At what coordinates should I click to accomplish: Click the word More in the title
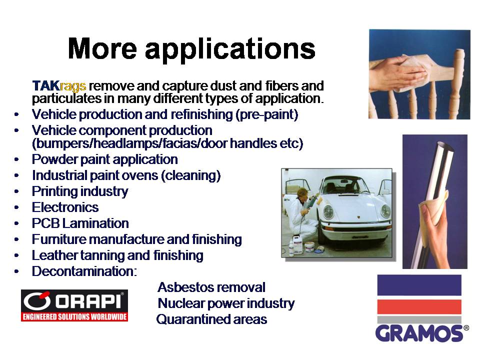coord(102,48)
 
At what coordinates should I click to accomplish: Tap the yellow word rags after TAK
coord(73,86)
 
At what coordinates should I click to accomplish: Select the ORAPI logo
coord(74,305)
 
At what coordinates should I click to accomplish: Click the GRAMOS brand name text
coord(419,333)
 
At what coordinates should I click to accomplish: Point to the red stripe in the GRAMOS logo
coord(419,306)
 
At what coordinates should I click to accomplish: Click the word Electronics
coord(65,207)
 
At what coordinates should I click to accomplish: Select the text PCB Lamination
coord(80,223)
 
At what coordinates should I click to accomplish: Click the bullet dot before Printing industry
coord(16,191)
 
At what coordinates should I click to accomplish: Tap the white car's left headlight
coord(328,211)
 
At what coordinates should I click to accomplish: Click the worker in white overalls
coord(301,214)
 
